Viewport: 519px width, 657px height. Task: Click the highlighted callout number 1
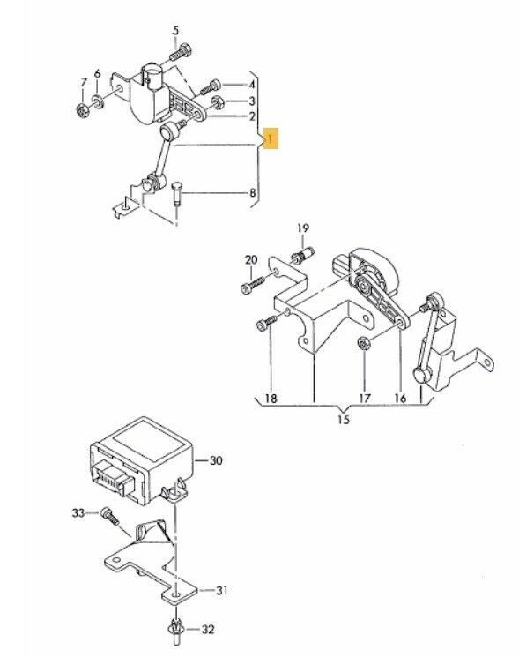coord(271,138)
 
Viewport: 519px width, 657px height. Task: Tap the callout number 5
coord(175,31)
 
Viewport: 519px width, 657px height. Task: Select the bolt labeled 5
coord(181,51)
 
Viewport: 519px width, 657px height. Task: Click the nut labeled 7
coord(83,111)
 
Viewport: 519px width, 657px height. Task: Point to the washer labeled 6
coord(98,101)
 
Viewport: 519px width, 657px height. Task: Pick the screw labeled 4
coord(210,86)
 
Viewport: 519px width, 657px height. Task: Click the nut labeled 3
coord(217,101)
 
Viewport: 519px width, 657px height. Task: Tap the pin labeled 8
coord(176,193)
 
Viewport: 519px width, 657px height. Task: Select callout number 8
coord(252,193)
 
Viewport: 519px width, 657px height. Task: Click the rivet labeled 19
coord(303,255)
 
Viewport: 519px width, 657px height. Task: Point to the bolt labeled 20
coord(253,284)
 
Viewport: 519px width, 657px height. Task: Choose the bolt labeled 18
coord(266,323)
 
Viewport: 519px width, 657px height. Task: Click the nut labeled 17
coord(364,344)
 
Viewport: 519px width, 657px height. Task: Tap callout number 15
coord(344,420)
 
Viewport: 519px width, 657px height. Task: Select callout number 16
coord(400,398)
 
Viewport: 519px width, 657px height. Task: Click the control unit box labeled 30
coord(143,460)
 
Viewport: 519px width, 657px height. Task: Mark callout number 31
coord(222,590)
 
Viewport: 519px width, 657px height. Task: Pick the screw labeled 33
coord(110,515)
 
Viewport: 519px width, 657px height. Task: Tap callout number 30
coord(216,461)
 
